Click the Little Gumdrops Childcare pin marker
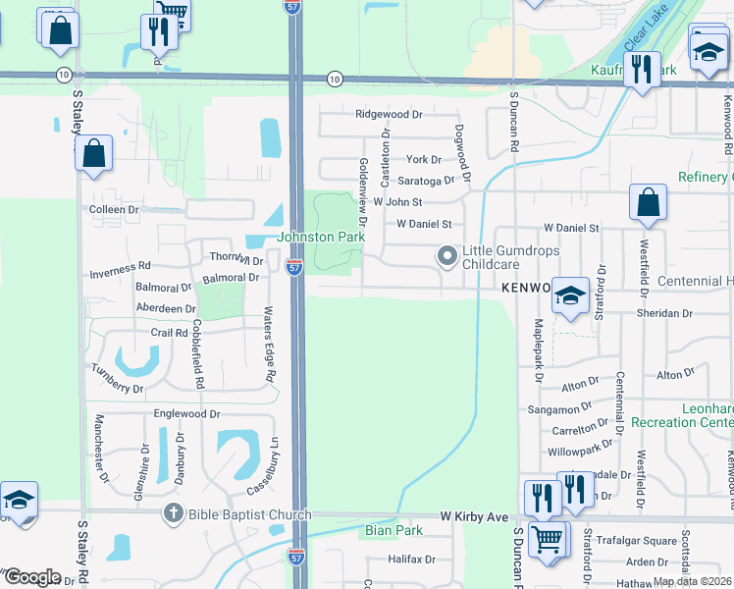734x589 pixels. (447, 257)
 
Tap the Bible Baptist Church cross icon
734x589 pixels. (174, 513)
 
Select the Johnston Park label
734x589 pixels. (321, 237)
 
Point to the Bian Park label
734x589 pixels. (393, 531)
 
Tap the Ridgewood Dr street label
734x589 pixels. (389, 114)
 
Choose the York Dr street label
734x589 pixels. (423, 159)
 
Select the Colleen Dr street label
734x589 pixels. (114, 210)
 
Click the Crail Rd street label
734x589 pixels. (169, 333)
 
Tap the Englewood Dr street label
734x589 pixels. (186, 414)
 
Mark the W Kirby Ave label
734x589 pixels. (474, 515)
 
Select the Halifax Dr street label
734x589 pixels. (410, 559)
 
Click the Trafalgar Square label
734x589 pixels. (638, 541)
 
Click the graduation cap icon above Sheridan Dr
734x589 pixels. (570, 295)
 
